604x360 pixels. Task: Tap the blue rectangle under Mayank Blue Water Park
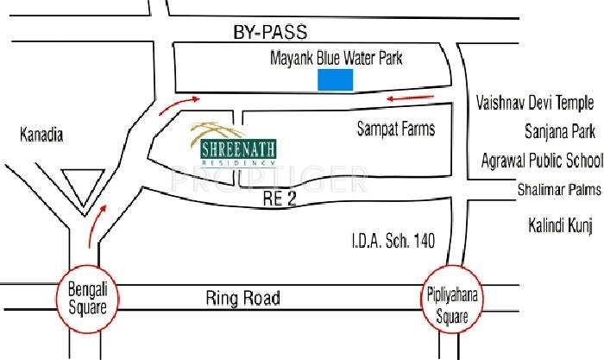336,81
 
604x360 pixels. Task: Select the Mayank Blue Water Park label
337,60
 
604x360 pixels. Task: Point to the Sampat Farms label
396,129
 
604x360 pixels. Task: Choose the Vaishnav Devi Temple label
535,103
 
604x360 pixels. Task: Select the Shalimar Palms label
558,189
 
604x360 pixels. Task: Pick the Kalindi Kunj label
559,226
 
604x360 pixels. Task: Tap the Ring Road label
242,299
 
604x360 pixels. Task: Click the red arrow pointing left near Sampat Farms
405,98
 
